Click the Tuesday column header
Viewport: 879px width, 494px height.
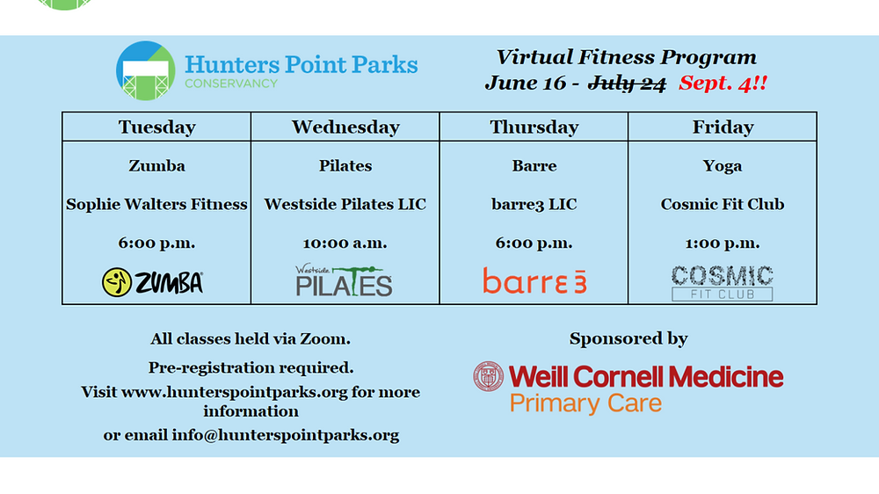click(x=157, y=127)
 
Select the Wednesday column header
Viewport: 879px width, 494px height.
click(x=345, y=127)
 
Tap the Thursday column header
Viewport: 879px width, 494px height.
click(x=534, y=127)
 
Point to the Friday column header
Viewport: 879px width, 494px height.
click(x=723, y=127)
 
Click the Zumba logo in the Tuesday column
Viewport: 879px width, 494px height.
click(x=152, y=282)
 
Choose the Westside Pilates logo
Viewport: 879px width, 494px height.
click(x=345, y=280)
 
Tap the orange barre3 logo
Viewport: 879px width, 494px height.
click(x=534, y=280)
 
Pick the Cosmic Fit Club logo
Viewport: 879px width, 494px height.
click(x=722, y=283)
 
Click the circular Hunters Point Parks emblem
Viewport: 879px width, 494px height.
click(x=146, y=70)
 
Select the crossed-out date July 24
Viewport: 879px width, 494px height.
click(x=627, y=84)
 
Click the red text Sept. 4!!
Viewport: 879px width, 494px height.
click(x=723, y=84)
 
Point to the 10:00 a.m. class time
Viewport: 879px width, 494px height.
click(x=345, y=243)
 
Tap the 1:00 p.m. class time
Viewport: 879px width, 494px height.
click(x=723, y=243)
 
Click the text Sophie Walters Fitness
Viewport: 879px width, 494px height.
click(x=157, y=204)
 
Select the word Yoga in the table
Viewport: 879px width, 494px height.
click(x=723, y=166)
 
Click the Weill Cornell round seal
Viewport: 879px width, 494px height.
click(x=488, y=376)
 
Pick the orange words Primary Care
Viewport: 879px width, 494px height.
click(x=585, y=403)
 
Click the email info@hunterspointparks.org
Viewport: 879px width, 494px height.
click(x=286, y=435)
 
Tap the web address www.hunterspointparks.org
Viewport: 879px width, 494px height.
click(x=235, y=392)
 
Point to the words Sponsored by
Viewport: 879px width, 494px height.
click(x=628, y=338)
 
